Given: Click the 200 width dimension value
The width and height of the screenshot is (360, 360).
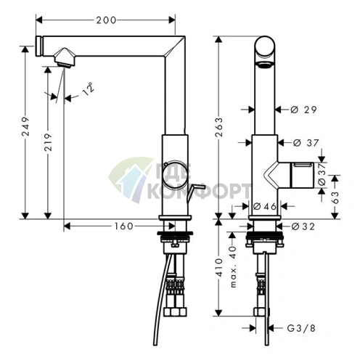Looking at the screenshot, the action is coord(106,20).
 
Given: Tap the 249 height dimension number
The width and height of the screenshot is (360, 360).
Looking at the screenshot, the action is coord(25,126).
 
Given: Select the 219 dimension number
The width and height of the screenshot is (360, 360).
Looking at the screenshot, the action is coord(48,142).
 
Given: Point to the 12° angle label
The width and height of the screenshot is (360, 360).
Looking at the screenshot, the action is coord(88,89).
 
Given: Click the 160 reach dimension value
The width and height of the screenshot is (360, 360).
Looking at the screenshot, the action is coord(124,226).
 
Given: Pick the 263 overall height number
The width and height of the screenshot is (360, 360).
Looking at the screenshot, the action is coord(219,127).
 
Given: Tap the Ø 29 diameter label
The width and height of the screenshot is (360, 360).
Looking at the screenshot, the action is coord(303,110).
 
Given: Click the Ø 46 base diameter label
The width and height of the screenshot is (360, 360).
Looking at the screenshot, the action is coord(265,206).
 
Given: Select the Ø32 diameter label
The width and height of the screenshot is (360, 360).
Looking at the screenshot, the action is coord(303,226).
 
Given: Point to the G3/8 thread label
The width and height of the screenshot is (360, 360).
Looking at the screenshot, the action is coord(301,328).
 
